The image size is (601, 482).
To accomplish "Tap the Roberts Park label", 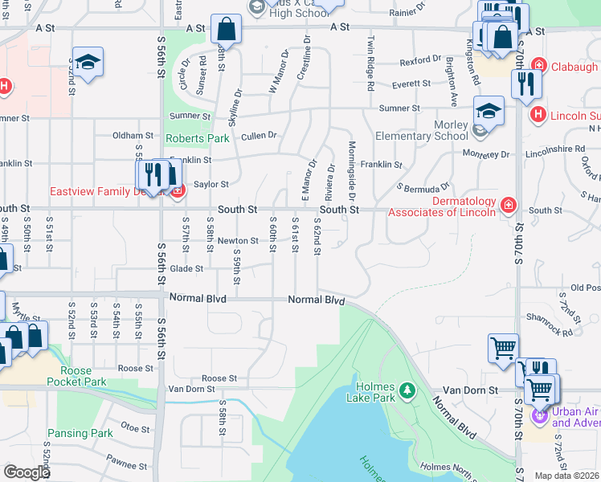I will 197,138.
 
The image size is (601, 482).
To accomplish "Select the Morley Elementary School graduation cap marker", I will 488,112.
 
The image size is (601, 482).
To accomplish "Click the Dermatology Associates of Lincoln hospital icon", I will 508,206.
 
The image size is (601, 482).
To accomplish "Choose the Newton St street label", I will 237,240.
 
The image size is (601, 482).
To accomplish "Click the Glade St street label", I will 187,269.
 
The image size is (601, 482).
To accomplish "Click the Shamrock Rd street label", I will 557,330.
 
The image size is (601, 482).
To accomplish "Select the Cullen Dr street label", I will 259,136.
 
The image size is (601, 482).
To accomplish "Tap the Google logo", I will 27,472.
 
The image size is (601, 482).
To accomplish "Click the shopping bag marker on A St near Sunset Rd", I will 227,30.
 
